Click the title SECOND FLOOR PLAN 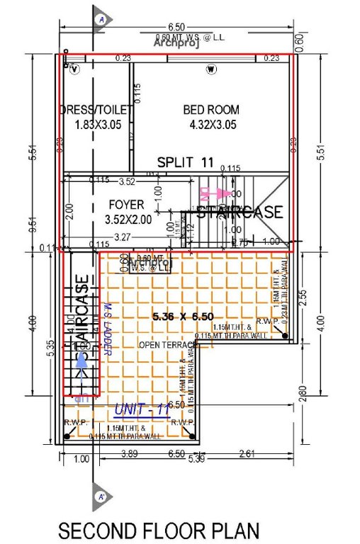click(159, 530)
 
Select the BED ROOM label click(210, 110)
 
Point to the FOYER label click(126, 205)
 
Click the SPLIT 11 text click(185, 162)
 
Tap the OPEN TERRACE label click(166, 345)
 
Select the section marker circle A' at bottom click(101, 497)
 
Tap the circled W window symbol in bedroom click(210, 69)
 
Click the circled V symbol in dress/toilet click(74, 69)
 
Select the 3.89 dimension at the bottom click(128, 453)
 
